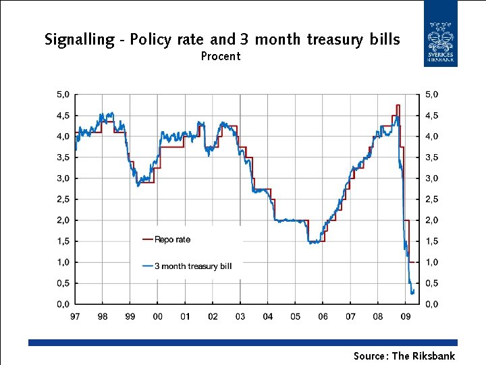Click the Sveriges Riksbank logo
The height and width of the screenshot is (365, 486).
[440, 43]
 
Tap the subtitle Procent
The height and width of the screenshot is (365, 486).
[221, 56]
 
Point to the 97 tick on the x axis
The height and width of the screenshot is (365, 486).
[75, 316]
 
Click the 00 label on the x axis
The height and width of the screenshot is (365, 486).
[157, 316]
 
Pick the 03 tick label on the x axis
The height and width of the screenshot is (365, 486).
[240, 316]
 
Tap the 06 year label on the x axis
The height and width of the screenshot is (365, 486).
[323, 316]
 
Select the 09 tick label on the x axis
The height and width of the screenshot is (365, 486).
[405, 316]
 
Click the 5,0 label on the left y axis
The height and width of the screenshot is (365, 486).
[63, 95]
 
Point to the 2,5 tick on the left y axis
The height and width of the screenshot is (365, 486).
[63, 199]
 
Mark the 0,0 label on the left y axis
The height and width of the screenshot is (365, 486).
[63, 304]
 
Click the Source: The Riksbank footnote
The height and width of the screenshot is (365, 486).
[404, 356]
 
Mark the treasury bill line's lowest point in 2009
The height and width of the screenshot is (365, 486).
[412, 294]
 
